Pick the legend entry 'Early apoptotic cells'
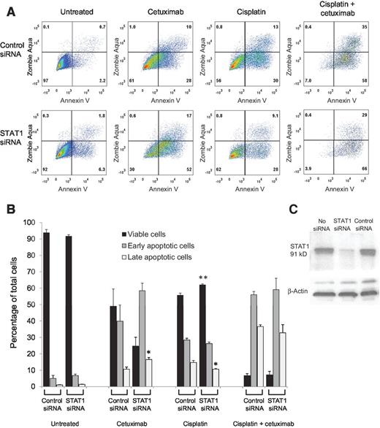tap(205, 245)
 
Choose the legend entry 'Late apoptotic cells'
tap(203, 256)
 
